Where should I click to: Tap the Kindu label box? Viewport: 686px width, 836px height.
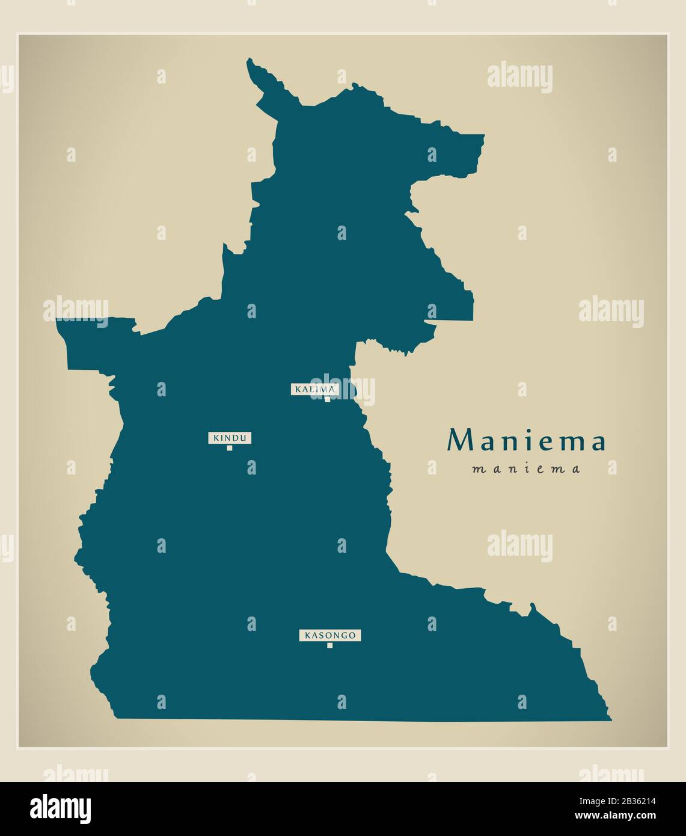tap(230, 438)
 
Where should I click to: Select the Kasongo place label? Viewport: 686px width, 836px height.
tap(330, 635)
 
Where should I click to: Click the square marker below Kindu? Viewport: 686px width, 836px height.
tap(229, 447)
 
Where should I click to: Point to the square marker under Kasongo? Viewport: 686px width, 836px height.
tap(329, 645)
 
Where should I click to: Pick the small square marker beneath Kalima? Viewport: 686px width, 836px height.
tap(327, 399)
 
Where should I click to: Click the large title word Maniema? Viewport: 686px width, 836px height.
tap(526, 441)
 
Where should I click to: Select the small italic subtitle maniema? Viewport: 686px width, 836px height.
tap(526, 469)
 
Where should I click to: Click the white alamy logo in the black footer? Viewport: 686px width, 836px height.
tap(60, 808)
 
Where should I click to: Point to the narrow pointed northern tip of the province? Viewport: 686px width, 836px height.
tap(251, 63)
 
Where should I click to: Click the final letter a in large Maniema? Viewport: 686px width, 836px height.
tap(598, 442)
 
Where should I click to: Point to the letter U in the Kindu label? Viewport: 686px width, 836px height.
tap(243, 438)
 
